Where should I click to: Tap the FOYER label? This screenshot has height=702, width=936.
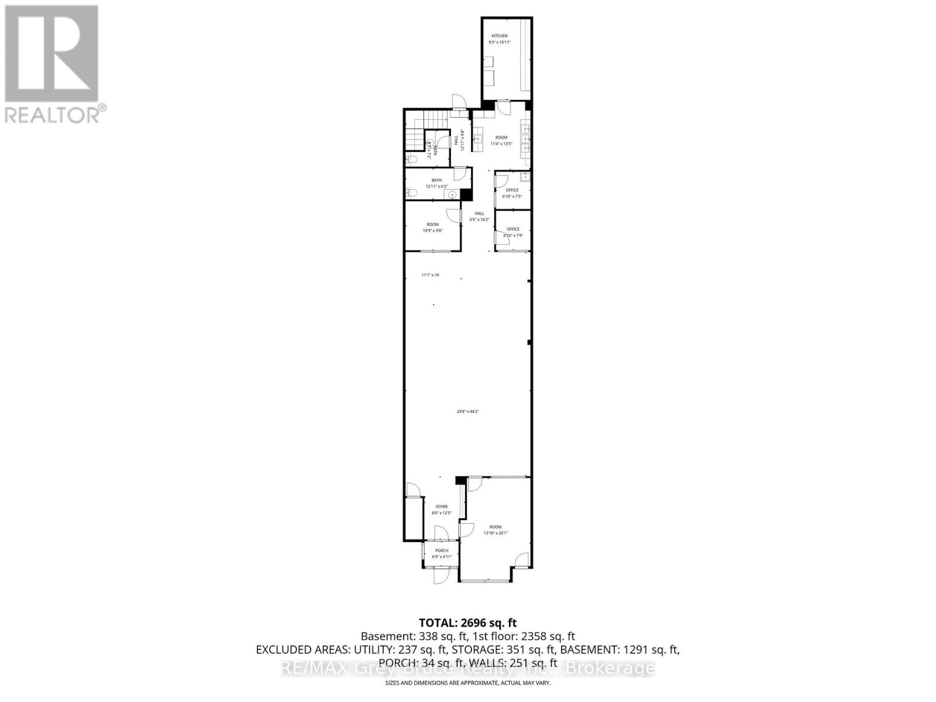click(x=442, y=507)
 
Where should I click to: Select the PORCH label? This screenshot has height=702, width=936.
click(x=442, y=550)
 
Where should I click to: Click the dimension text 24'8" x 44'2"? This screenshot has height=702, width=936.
click(x=467, y=411)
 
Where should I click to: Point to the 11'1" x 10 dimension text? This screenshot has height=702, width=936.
click(x=430, y=275)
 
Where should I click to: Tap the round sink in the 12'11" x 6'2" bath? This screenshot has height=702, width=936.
click(x=452, y=194)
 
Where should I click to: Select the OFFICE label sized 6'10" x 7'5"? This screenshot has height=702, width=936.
click(x=512, y=190)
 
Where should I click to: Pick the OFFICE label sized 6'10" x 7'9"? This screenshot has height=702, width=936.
click(x=512, y=229)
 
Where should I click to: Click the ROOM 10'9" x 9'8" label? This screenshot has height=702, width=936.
click(x=432, y=225)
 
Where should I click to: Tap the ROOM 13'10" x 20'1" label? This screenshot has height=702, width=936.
click(x=495, y=527)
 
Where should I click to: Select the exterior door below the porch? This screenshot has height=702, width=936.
click(x=441, y=575)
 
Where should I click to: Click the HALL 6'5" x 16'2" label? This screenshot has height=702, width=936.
click(x=479, y=214)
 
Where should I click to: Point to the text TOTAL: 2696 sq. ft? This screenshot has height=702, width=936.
click(x=467, y=623)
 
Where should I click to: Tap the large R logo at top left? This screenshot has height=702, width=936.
click(x=51, y=53)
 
